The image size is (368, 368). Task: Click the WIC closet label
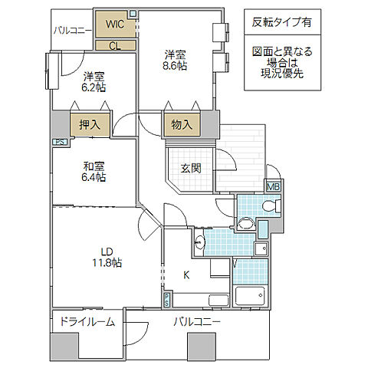tap(116, 23)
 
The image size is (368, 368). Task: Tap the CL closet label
tap(114, 44)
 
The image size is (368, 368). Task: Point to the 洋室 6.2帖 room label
tap(95, 81)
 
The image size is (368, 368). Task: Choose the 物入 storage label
tap(182, 123)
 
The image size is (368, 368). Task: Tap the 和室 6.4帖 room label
tap(95, 171)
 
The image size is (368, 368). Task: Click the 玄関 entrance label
tap(190, 169)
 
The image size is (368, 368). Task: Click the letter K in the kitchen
tap(186, 273)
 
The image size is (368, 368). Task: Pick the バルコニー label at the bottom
tap(196, 322)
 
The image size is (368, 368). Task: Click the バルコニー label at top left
tap(72, 31)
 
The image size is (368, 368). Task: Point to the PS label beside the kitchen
tap(167, 300)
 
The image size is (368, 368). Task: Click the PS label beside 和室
tap(58, 142)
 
